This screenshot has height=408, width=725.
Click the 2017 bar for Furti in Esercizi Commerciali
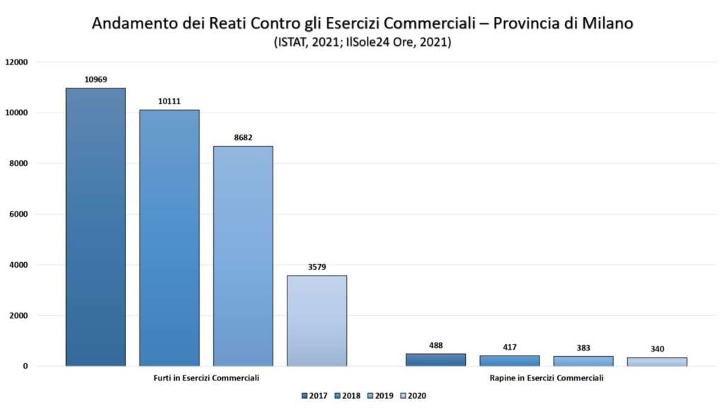(x=96, y=227)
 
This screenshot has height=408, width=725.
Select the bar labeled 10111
(x=169, y=237)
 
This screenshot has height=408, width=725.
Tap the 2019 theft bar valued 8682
(x=243, y=255)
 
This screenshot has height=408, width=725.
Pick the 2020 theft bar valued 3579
(x=316, y=320)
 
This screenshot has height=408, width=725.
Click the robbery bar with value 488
(x=435, y=360)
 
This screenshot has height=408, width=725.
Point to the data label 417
(x=509, y=347)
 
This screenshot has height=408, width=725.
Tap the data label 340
(x=656, y=349)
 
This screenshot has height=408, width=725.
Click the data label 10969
(x=96, y=79)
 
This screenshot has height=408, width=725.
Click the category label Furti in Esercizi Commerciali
(x=206, y=378)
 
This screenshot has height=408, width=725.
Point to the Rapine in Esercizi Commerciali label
(x=546, y=378)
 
